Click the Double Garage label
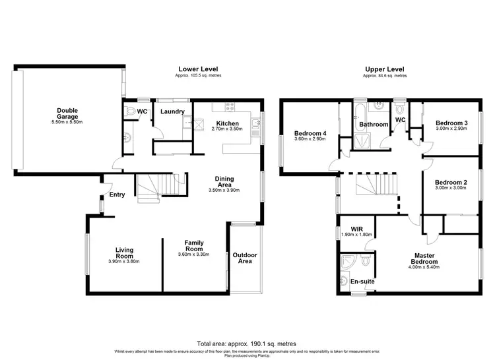[67, 114]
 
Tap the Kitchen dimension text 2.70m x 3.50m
[232, 130]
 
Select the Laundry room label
[172, 111]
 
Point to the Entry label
[117, 195]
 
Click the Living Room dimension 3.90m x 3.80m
[124, 262]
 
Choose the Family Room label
[193, 247]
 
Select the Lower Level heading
[198, 69]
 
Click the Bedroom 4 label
[310, 135]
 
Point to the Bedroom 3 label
[451, 123]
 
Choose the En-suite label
[362, 281]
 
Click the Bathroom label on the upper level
[373, 124]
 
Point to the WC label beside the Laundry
[141, 111]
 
